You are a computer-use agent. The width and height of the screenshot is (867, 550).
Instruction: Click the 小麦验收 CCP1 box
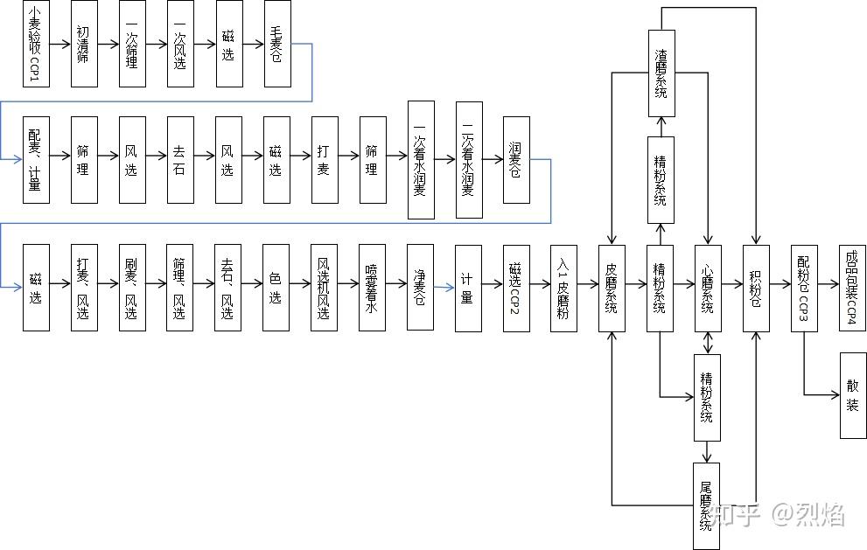point(35,45)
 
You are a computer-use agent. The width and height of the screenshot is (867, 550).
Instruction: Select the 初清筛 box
point(83,45)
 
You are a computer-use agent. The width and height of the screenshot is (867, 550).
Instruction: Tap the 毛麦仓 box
point(276,45)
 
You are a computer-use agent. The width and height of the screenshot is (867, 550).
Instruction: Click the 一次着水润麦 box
point(421,159)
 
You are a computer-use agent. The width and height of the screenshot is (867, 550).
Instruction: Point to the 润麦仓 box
point(516,159)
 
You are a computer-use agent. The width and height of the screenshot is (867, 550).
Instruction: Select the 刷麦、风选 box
point(131,287)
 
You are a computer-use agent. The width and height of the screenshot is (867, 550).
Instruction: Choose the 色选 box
point(276,287)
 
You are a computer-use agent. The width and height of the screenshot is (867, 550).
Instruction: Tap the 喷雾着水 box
point(372,287)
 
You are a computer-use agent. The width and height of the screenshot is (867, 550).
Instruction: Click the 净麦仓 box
point(420,287)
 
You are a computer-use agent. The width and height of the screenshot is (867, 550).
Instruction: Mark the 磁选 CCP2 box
point(515,287)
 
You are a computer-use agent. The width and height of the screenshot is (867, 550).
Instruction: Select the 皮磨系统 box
point(612,287)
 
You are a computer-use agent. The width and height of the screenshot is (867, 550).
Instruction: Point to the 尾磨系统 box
point(707,507)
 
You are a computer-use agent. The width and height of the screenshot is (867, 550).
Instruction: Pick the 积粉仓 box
point(756,287)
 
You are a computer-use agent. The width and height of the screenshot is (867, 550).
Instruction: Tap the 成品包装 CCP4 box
point(852,287)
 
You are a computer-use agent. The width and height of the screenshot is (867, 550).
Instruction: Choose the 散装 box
point(853,395)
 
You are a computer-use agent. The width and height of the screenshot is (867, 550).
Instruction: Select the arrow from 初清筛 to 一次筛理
point(108,43)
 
